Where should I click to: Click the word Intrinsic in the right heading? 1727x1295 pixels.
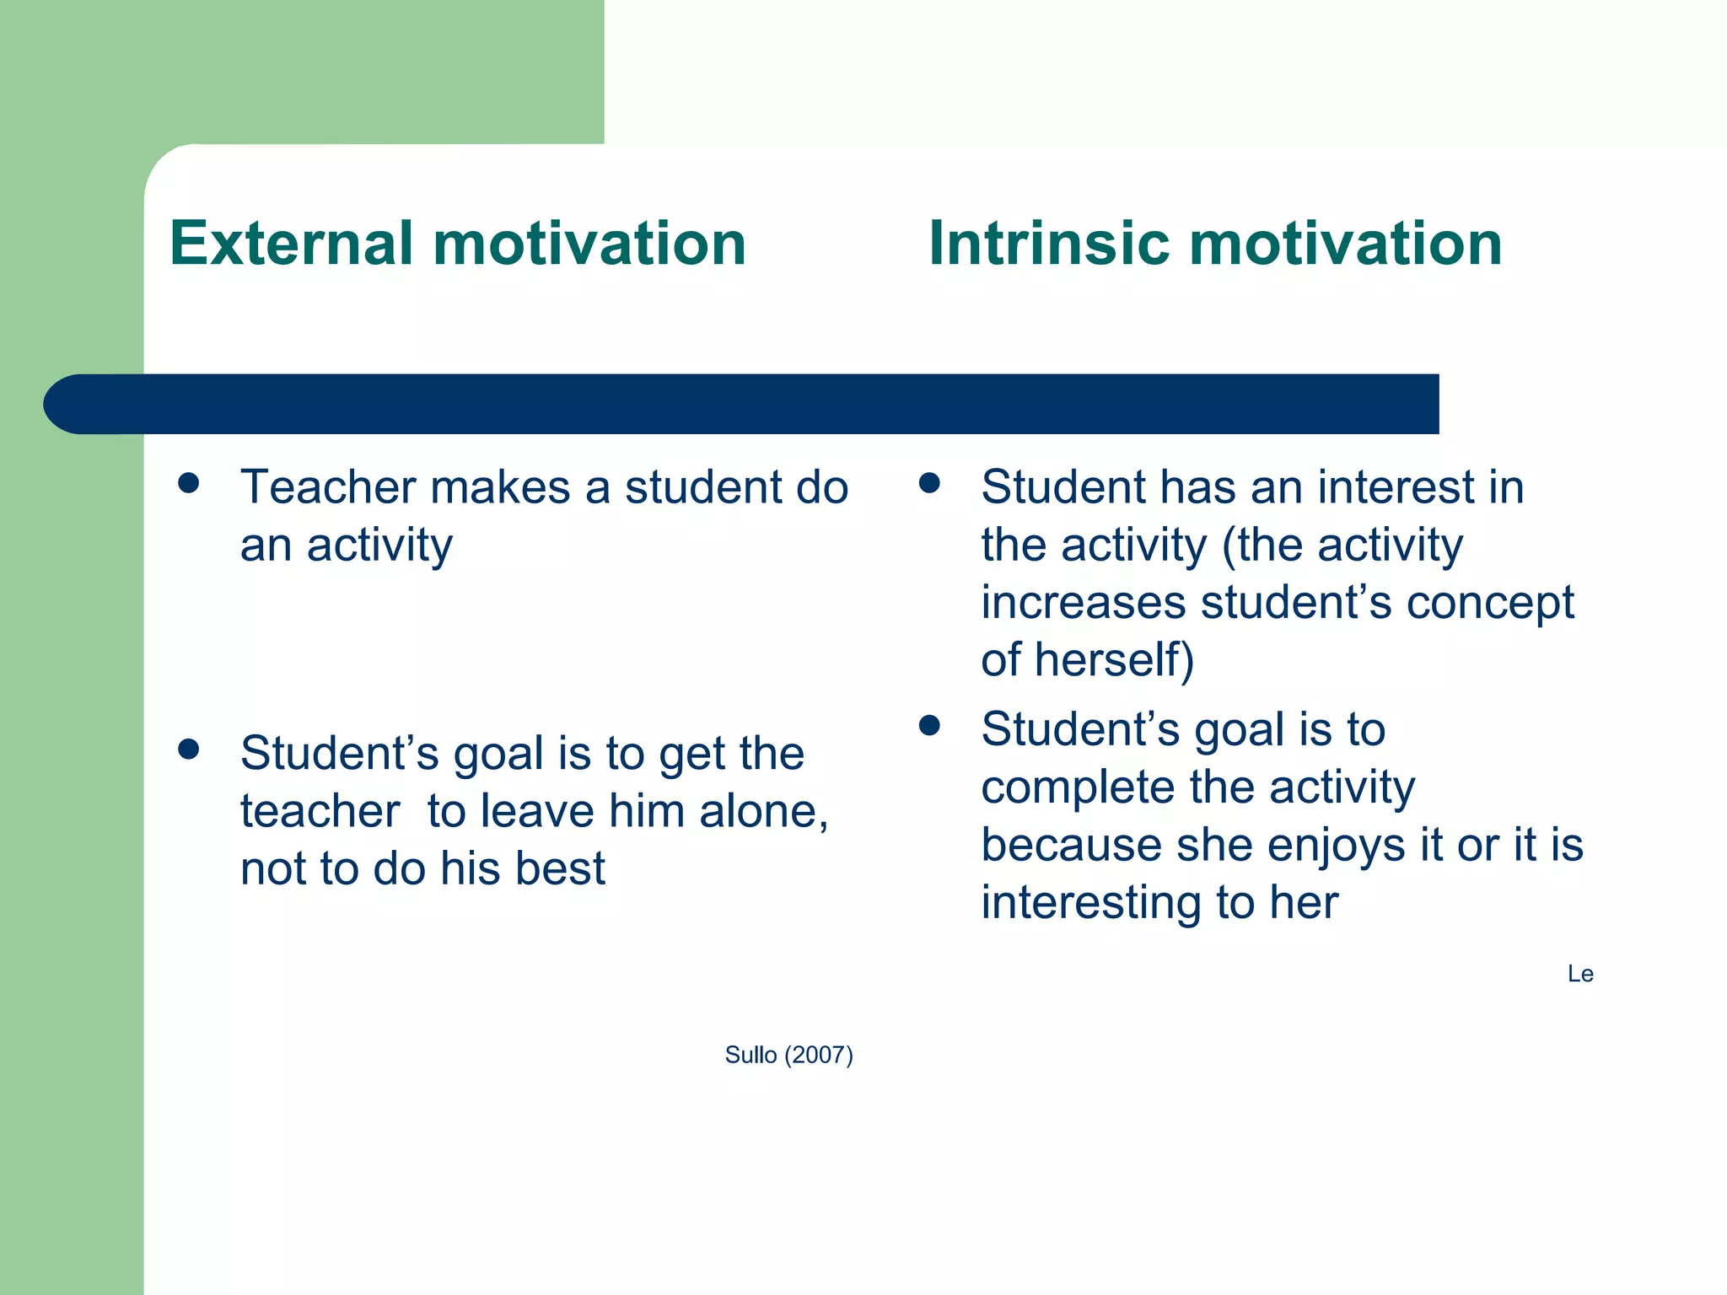coord(1049,244)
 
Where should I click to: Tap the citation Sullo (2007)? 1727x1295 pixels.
coord(788,1055)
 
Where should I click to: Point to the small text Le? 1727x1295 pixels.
coord(1579,975)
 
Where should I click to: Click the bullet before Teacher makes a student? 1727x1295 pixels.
coord(189,483)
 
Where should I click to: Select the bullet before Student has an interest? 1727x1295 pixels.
coord(929,483)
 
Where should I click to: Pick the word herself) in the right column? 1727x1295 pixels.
coord(1114,659)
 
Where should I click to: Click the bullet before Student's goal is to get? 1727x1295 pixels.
coord(189,749)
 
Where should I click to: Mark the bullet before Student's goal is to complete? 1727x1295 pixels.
coord(929,725)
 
